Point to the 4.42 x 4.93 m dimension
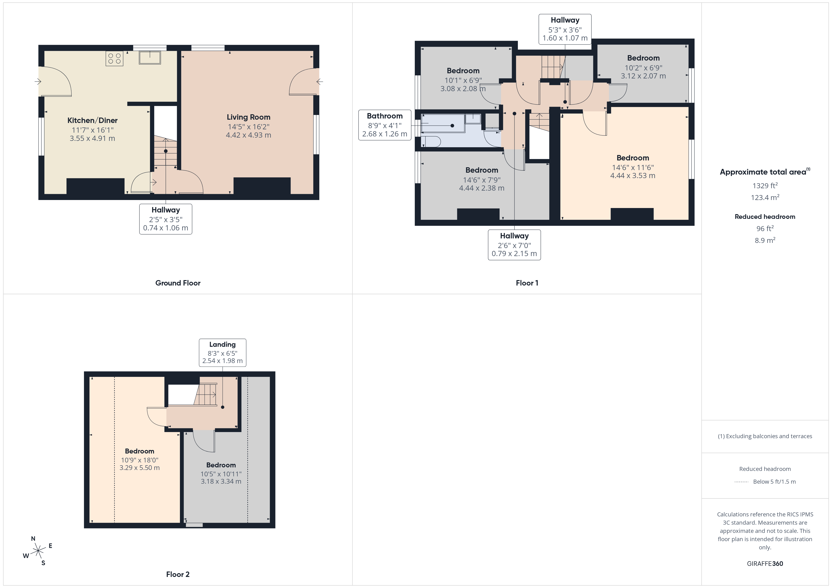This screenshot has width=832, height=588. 248,135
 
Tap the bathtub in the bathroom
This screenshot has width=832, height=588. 443,123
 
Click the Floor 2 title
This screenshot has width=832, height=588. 178,574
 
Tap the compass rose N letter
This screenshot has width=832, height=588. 33,539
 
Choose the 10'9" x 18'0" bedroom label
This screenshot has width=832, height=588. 140,460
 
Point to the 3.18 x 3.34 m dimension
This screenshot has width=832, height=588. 221,482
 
